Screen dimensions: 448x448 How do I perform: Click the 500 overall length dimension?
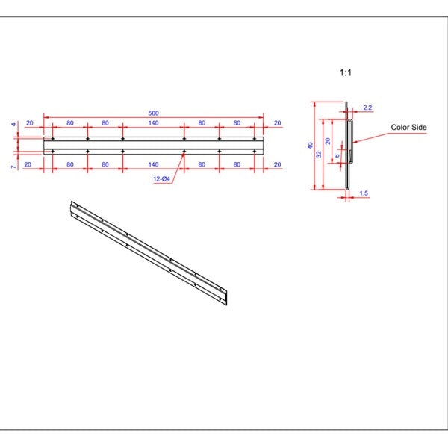coord(153,113)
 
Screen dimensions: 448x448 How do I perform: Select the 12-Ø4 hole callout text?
coord(162,180)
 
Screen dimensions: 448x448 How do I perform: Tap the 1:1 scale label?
coord(345,73)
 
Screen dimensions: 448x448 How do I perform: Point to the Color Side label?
coord(408,128)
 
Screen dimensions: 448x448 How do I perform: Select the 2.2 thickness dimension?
coord(367,108)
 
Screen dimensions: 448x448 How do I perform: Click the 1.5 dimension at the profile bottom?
coord(364,193)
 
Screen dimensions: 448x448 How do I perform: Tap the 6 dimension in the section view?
coord(337,155)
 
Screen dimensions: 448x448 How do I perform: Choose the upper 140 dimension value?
coord(153,122)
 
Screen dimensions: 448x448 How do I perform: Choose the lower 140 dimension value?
coord(153,164)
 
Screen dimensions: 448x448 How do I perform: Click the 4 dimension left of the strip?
coord(13,125)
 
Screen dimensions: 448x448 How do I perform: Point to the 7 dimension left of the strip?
coord(13,167)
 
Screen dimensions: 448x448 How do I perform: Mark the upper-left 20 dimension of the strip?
coord(29,122)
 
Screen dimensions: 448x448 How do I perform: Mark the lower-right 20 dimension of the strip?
coord(277,164)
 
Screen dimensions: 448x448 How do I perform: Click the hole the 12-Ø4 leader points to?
coord(184,152)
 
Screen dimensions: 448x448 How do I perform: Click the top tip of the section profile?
coord(347,103)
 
